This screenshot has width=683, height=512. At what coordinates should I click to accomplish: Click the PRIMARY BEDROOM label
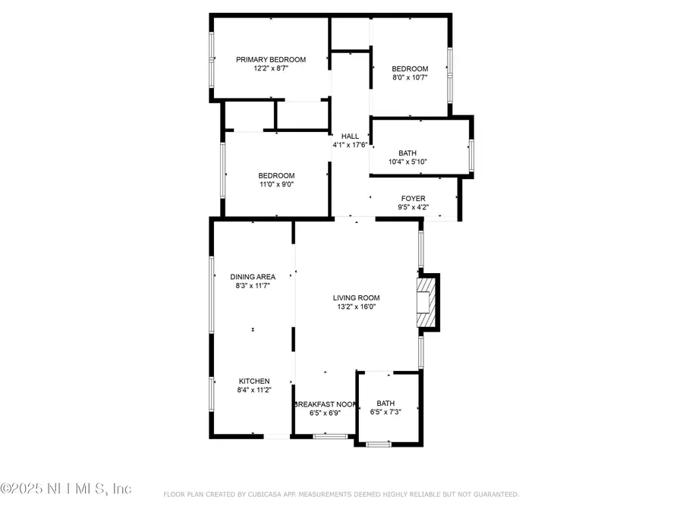pos(270,60)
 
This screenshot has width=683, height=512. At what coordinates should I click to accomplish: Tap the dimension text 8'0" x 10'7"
pos(410,77)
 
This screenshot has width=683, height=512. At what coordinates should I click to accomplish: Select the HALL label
pos(349,137)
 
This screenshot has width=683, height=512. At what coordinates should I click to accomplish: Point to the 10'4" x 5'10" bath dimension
pos(408,162)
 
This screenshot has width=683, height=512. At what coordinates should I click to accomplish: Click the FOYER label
pos(413,199)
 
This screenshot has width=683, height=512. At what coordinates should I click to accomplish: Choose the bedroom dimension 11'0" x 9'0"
pos(276,184)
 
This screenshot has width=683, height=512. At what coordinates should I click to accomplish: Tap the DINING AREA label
pos(253,277)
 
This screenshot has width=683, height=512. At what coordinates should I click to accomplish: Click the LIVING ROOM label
pos(356,298)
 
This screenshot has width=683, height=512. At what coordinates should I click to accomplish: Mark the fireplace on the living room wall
pos(427,302)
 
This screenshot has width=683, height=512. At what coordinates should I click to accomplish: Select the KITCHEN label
pos(254,381)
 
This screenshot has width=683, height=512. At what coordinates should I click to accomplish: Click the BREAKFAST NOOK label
pos(324,404)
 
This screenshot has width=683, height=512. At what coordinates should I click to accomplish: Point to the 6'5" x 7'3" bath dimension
pos(386,412)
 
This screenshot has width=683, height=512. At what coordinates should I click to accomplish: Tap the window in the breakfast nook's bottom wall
pos(330,436)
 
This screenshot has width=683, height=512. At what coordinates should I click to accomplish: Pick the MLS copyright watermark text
pos(66,488)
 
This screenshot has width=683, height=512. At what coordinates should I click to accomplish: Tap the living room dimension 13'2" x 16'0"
pos(356,307)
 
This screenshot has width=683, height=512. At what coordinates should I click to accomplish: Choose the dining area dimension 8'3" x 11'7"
pos(253,286)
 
